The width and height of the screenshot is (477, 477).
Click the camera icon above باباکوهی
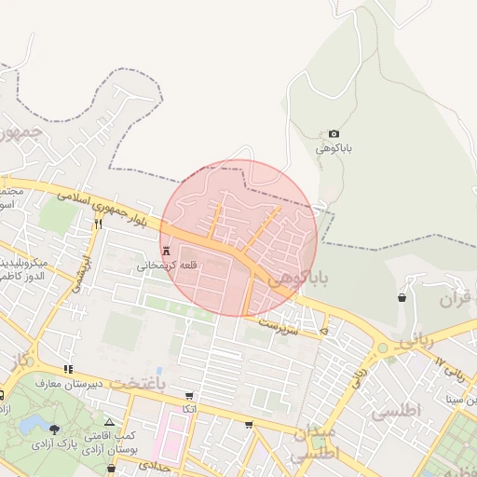coord(334,134)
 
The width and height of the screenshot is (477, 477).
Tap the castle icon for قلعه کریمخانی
coord(167,252)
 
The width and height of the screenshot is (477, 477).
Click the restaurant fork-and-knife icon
coord(97,224)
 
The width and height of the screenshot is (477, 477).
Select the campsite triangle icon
coord(109,423)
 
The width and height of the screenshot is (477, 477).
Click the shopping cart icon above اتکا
coord(190,396)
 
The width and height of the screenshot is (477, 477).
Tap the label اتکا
coord(189,409)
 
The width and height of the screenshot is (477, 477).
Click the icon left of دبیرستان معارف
coord(68,369)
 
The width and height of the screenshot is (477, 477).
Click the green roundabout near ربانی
coord(382,349)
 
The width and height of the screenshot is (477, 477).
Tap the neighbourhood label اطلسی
coord(396,410)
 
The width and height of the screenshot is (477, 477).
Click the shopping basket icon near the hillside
coord(402,297)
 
